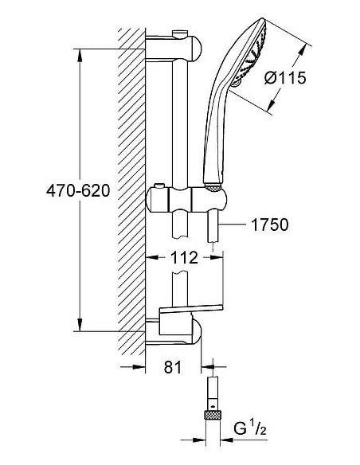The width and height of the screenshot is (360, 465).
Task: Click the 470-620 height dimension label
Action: (78, 190)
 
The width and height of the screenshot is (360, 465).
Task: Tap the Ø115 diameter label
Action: (285, 78)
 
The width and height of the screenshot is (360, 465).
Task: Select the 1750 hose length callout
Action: (269, 225)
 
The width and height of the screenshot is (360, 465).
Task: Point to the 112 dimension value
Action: (184, 257)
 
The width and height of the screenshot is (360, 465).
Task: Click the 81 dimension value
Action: (172, 367)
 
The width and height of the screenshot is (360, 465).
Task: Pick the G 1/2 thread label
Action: (249, 429)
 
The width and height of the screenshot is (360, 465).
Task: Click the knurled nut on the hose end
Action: (213, 415)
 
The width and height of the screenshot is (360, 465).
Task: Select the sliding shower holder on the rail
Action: (187, 200)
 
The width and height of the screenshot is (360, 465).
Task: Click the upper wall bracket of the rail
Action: (174, 48)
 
